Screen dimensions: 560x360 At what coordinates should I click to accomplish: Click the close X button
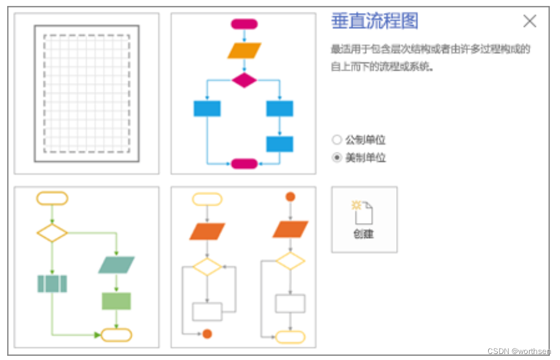pos(529,22)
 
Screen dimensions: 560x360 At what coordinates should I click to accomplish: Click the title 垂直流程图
pos(375,22)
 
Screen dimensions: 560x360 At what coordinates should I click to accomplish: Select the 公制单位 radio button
pos(337,140)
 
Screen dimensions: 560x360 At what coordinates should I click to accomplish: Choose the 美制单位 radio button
pos(337,158)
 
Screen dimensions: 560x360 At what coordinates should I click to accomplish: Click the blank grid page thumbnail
pos(87,93)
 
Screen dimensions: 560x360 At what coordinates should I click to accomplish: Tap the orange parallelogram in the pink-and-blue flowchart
pos(244,50)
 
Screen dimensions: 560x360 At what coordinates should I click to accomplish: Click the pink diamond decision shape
pos(244,80)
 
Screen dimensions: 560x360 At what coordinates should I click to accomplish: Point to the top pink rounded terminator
pos(244,24)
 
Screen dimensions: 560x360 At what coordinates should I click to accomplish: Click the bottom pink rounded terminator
pos(244,163)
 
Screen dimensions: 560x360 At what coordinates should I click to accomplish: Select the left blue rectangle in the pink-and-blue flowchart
pos(207,109)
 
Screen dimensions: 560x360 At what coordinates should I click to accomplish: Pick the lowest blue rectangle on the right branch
pos(279,144)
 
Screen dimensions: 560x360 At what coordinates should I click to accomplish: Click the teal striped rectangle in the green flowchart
pos(52,283)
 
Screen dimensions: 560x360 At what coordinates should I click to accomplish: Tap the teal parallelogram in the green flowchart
pos(116,265)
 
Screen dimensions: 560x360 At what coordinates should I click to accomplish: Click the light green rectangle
pos(116,301)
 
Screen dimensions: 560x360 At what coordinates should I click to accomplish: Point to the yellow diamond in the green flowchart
pos(52,233)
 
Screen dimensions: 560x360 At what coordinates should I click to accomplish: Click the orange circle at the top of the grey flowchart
pos(290,197)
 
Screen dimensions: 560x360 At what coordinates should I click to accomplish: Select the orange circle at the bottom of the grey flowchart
pos(207,334)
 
